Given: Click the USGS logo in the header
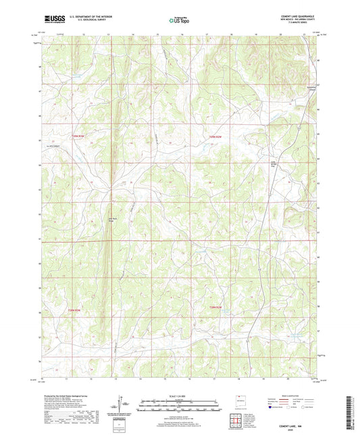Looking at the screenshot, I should tap(53, 21).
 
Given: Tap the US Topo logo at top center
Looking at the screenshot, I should tap(180, 21).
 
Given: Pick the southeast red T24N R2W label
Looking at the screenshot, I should tap(215, 308).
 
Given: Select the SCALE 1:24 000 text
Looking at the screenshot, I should tap(180, 396).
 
